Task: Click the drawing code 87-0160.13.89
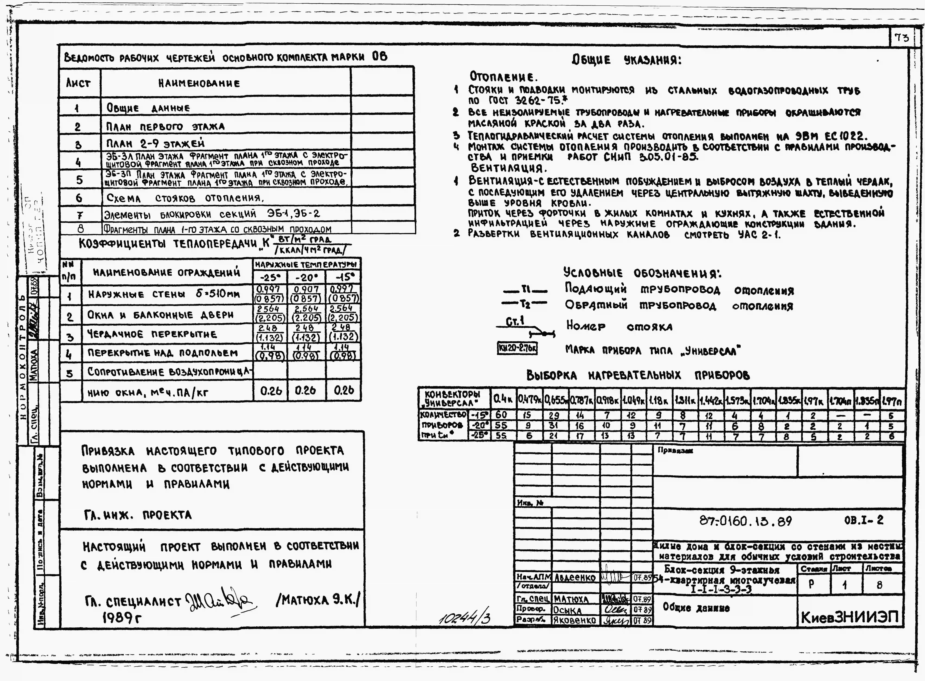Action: coord(745,521)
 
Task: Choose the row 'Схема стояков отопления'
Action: coord(185,198)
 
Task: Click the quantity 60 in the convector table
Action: coord(501,415)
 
